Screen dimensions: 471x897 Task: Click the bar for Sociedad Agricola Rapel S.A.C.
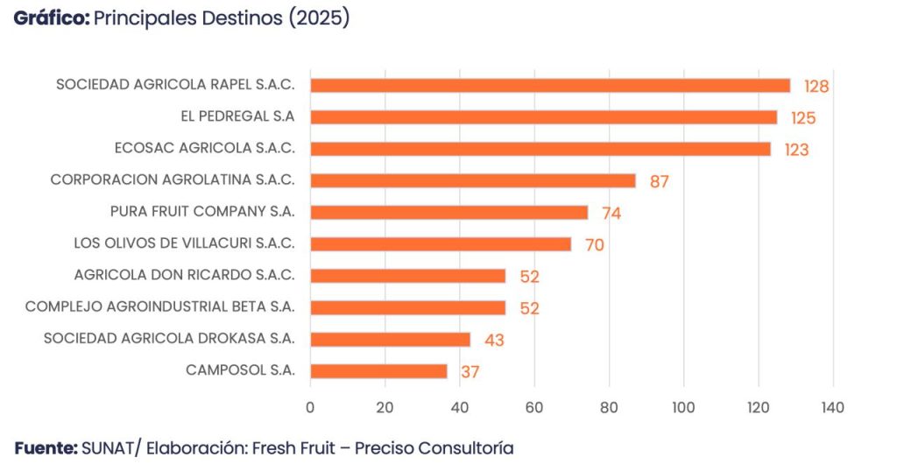click(550, 86)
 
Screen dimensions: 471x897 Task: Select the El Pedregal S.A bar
click(543, 117)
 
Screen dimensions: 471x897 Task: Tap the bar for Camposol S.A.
click(378, 371)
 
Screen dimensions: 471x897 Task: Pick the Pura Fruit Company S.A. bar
click(448, 213)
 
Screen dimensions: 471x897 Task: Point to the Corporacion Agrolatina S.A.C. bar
click(473, 180)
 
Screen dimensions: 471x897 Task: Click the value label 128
click(816, 87)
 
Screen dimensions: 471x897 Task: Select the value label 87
click(660, 181)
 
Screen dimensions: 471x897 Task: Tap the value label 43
click(494, 340)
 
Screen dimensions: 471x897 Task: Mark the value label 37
click(470, 372)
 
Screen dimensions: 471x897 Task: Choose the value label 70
click(594, 245)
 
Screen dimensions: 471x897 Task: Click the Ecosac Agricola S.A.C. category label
click(205, 148)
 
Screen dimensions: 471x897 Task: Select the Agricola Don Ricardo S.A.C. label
click(185, 275)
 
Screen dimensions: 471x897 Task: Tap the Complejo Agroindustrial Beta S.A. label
click(160, 306)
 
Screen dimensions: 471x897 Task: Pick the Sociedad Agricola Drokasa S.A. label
click(169, 338)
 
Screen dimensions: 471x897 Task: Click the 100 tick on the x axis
click(683, 407)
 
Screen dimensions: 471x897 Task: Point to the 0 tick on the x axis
click(310, 407)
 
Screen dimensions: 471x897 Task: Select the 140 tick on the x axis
click(832, 407)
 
